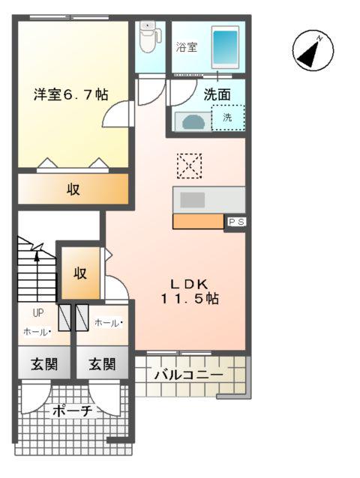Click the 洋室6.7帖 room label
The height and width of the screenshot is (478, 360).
70,95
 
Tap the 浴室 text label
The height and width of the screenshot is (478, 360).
187,47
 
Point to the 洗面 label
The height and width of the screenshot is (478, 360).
217,95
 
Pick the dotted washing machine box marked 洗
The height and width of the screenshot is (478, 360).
227,118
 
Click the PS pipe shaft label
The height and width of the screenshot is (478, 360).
235,222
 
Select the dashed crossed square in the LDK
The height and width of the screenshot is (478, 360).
189,165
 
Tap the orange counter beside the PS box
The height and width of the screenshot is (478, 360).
198,222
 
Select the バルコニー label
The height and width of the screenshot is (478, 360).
188,375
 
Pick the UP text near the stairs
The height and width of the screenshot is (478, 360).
37,314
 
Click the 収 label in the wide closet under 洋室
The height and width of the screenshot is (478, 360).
73,190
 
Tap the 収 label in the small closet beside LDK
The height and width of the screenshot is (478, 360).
79,273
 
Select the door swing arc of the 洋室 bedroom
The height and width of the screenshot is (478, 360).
117,114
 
